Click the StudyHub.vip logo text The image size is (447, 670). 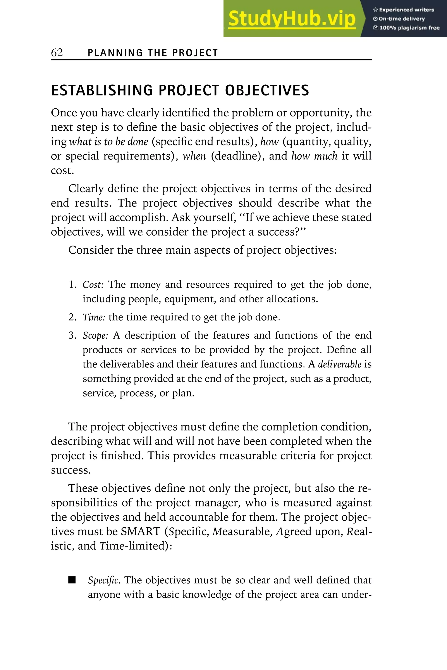click(x=292, y=19)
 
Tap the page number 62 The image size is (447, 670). click(x=57, y=52)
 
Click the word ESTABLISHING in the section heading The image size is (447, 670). click(x=102, y=90)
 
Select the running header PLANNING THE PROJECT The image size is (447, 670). click(x=153, y=53)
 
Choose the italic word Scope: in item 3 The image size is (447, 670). click(x=95, y=336)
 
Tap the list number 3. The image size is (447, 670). click(x=72, y=335)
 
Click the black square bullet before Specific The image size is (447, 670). click(x=72, y=580)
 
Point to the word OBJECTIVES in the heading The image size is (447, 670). click(x=267, y=90)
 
